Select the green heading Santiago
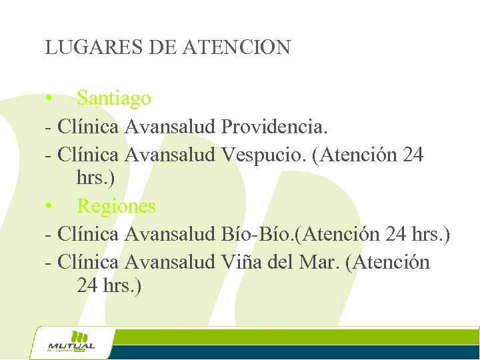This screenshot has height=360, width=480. click(114, 98)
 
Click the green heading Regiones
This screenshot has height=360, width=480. click(116, 206)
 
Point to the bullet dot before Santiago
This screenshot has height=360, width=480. click(50, 99)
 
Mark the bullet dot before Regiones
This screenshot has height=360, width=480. click(50, 207)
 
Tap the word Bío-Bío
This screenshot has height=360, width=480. click(258, 234)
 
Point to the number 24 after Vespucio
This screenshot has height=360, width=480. click(413, 155)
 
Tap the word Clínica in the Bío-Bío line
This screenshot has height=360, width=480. click(88, 234)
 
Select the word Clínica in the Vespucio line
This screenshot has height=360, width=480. click(88, 155)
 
